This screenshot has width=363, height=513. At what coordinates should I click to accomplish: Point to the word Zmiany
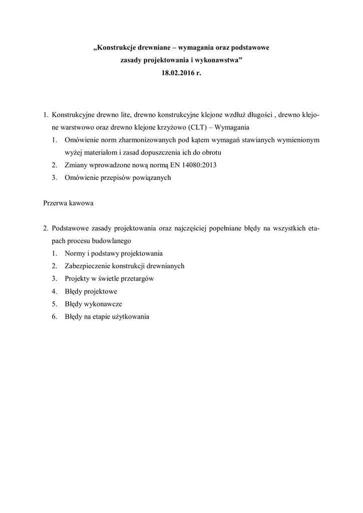(x=76, y=164)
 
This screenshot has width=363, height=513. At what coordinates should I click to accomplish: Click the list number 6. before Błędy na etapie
(x=55, y=316)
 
